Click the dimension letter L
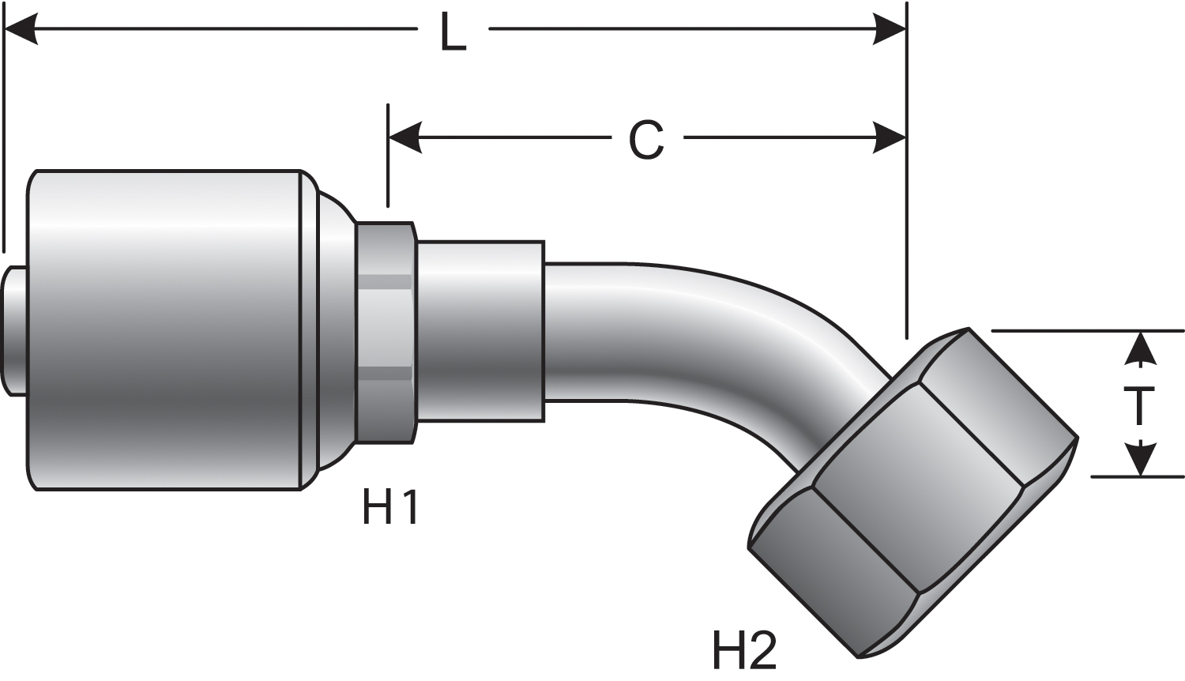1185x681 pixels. pyautogui.click(x=453, y=33)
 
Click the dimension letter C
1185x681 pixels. pyautogui.click(x=646, y=141)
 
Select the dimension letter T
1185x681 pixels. pyautogui.click(x=1139, y=407)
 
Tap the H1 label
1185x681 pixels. pyautogui.click(x=390, y=507)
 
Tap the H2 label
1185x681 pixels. pyautogui.click(x=744, y=649)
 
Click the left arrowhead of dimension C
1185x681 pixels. pyautogui.click(x=405, y=138)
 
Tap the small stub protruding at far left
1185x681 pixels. pyautogui.click(x=14, y=330)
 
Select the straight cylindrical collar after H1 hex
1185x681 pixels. pyautogui.click(x=480, y=330)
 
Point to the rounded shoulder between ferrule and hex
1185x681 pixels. pyautogui.click(x=336, y=330)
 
